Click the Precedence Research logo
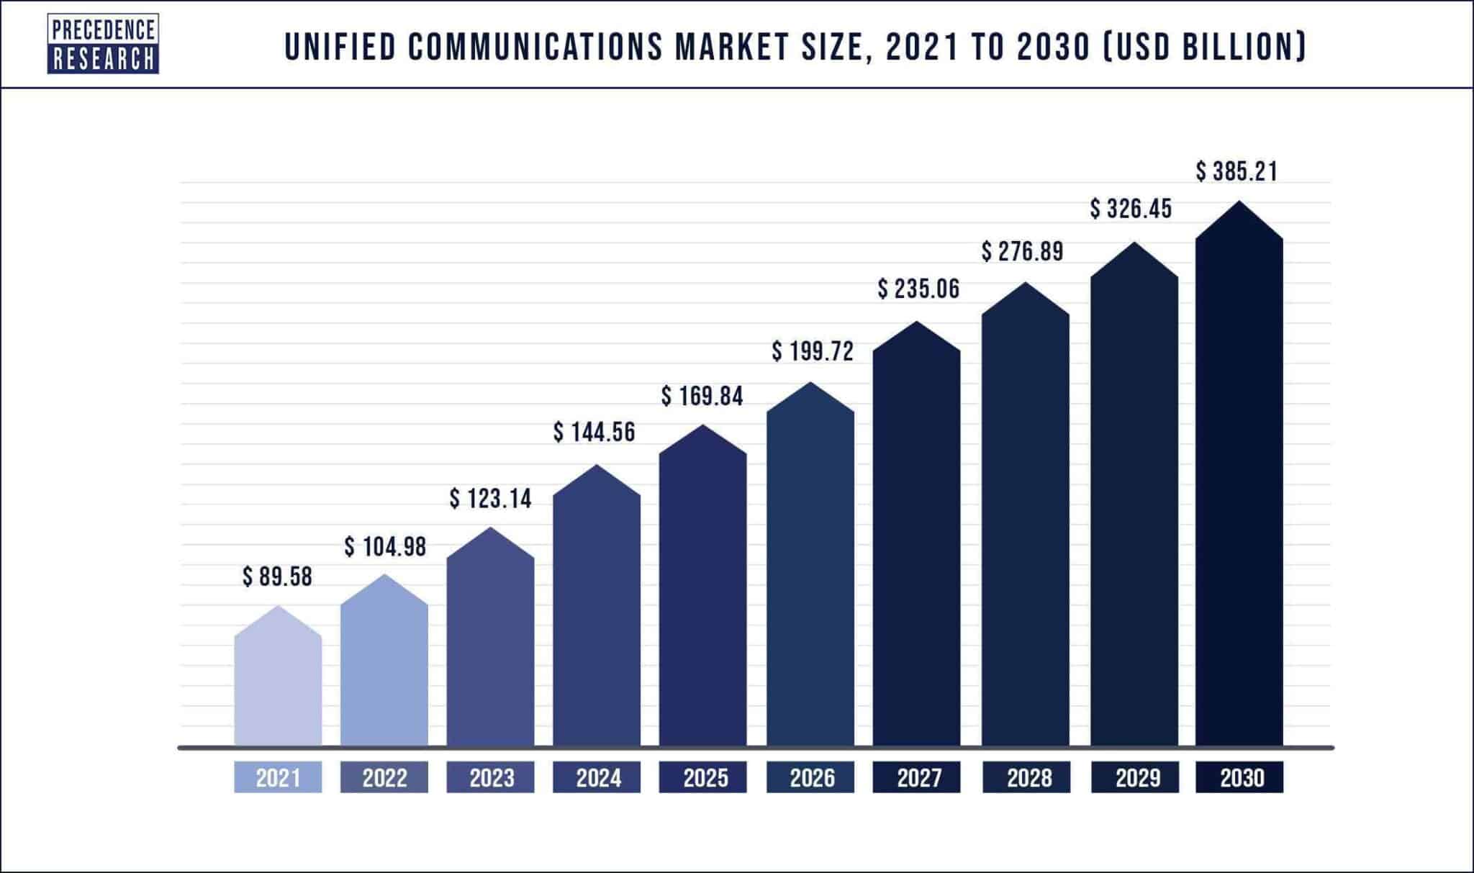point(103,44)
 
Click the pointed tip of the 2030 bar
point(1239,203)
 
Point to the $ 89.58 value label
point(278,577)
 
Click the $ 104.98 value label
point(385,547)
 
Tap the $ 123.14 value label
point(491,498)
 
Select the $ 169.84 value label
point(702,396)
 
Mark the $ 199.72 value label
point(813,351)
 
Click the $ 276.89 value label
point(1023,251)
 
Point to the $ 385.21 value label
point(1237,171)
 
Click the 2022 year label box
point(384,777)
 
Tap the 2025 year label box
point(703,777)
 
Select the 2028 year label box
point(1026,777)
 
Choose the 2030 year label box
point(1239,777)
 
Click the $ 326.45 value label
point(1131,209)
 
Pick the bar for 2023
point(491,648)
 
